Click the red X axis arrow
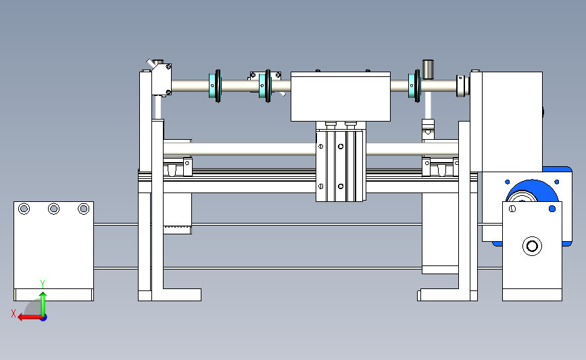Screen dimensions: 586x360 pyautogui.click(x=30, y=317)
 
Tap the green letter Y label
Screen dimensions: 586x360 pyautogui.click(x=43, y=284)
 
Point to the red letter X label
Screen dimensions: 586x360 pyautogui.click(x=14, y=313)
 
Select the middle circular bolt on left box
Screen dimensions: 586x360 pyautogui.click(x=54, y=209)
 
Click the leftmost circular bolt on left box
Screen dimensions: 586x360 pyautogui.click(x=24, y=209)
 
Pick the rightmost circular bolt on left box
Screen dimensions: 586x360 pyautogui.click(x=83, y=209)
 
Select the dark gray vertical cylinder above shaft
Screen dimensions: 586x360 pyautogui.click(x=428, y=70)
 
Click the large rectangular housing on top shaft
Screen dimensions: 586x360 pyautogui.click(x=341, y=97)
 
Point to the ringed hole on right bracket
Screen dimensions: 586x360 pyautogui.click(x=532, y=246)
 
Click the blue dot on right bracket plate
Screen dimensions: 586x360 pyautogui.click(x=552, y=209)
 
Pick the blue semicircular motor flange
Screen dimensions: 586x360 pyautogui.click(x=532, y=190)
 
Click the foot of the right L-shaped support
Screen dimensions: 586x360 pyautogui.click(x=438, y=294)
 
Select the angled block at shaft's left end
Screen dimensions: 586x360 pyautogui.click(x=162, y=79)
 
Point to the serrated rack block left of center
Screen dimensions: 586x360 pyautogui.click(x=178, y=213)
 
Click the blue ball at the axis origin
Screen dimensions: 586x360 pyautogui.click(x=43, y=317)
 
